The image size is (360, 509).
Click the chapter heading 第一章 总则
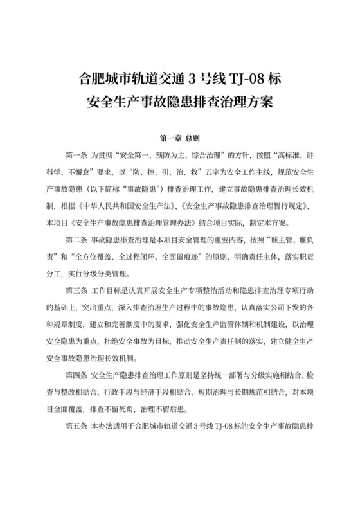pyautogui.click(x=179, y=138)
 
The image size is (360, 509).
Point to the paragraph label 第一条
pyautogui.click(x=76, y=156)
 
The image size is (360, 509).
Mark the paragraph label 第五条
pyautogui.click(x=76, y=426)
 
